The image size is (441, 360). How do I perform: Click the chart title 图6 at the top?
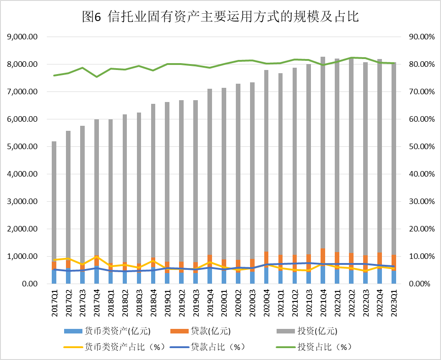point(220,17)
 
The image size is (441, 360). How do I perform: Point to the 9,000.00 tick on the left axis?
point(22,37)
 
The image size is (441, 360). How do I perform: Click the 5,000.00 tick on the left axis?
point(22,147)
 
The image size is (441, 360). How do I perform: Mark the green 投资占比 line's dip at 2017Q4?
point(97,76)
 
